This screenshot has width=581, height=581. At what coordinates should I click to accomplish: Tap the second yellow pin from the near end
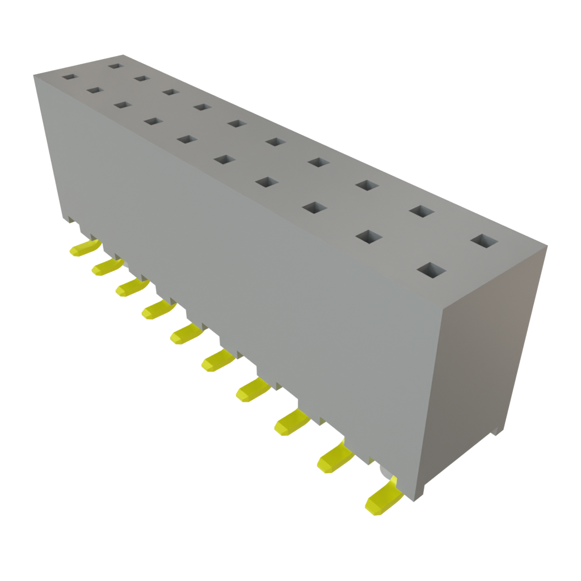coord(335,457)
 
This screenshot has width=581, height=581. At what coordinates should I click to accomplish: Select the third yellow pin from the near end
coord(292,423)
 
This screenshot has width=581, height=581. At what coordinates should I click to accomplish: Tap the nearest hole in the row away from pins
coord(483,241)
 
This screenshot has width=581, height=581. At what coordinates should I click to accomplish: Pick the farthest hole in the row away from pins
coord(116,66)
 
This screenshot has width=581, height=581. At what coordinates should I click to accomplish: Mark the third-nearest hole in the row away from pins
coord(367,185)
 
